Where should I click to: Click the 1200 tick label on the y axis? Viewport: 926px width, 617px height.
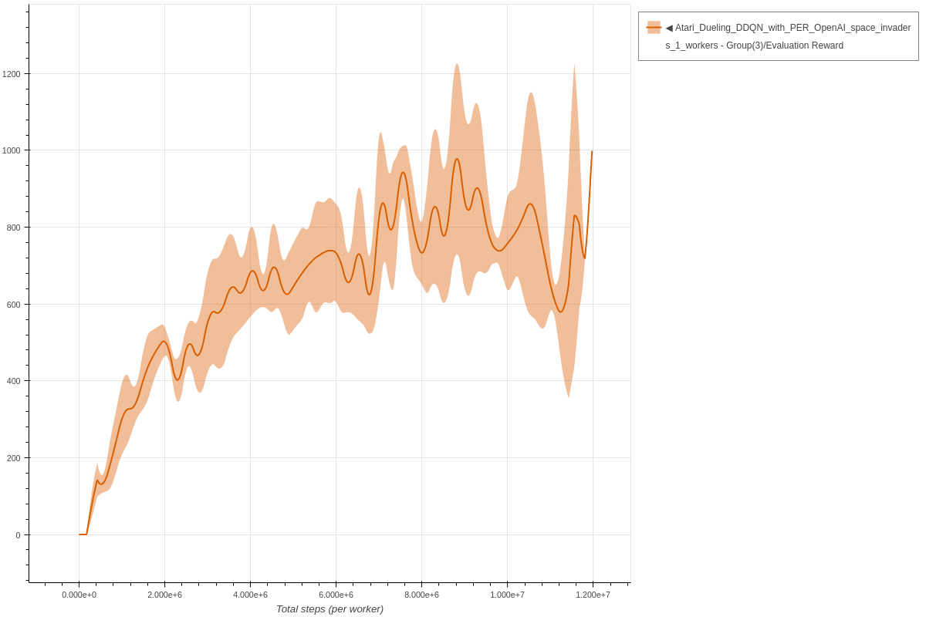(x=12, y=74)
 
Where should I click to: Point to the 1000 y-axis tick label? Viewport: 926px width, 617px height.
(x=12, y=150)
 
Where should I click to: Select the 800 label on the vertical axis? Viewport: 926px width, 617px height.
(x=14, y=228)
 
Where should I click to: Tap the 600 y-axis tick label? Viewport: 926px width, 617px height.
(x=14, y=305)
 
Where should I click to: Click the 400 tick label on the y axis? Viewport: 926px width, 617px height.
(x=14, y=381)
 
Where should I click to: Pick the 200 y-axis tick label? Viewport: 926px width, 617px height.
(x=14, y=458)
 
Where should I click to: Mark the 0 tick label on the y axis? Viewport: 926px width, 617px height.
(x=18, y=535)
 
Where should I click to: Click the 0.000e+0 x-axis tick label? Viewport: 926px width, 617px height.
(x=79, y=595)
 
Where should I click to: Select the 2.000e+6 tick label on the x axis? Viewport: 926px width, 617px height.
(x=164, y=595)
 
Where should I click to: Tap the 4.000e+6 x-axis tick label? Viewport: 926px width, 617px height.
(x=250, y=595)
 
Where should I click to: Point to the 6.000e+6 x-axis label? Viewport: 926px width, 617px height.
(x=336, y=595)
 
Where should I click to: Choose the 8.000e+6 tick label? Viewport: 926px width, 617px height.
(x=421, y=595)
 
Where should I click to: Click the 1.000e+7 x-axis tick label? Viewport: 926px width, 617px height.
(x=507, y=595)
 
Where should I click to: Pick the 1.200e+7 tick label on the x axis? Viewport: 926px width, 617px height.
(x=593, y=595)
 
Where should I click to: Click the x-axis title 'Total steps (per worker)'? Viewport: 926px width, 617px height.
(x=330, y=609)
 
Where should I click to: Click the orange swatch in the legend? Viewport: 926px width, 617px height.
(x=654, y=28)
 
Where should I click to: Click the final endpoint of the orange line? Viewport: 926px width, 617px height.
(x=592, y=151)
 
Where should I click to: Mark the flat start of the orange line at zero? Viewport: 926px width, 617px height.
(x=83, y=534)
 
